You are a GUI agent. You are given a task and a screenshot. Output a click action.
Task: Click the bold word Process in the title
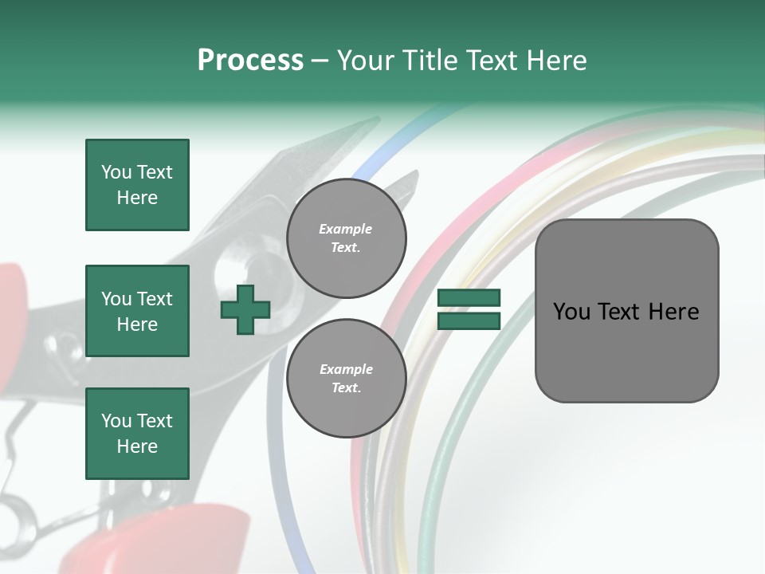pos(250,61)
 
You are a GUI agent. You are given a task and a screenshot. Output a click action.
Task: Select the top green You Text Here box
pos(137,185)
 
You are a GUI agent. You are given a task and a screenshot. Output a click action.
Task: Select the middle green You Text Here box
pos(137,311)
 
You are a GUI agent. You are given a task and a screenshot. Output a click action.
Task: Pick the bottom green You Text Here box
pos(137,433)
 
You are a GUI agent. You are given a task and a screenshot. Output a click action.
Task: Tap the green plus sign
pos(245,309)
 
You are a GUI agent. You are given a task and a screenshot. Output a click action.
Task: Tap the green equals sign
pos(469,309)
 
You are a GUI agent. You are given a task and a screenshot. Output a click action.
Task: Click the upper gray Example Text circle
pos(346,238)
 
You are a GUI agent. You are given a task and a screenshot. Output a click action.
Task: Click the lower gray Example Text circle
pos(346,378)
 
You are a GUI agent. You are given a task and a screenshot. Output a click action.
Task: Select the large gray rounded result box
pos(626,310)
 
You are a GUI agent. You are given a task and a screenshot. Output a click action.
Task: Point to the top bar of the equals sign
pos(469,298)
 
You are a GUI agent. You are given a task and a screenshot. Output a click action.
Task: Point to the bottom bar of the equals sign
pos(469,320)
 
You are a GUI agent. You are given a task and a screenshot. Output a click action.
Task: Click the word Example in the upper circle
pos(345,230)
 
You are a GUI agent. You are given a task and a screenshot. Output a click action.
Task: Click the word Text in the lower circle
pos(345,387)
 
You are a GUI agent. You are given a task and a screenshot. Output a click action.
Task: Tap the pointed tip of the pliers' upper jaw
pos(375,120)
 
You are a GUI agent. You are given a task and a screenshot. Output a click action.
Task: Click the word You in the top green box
pos(116,172)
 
